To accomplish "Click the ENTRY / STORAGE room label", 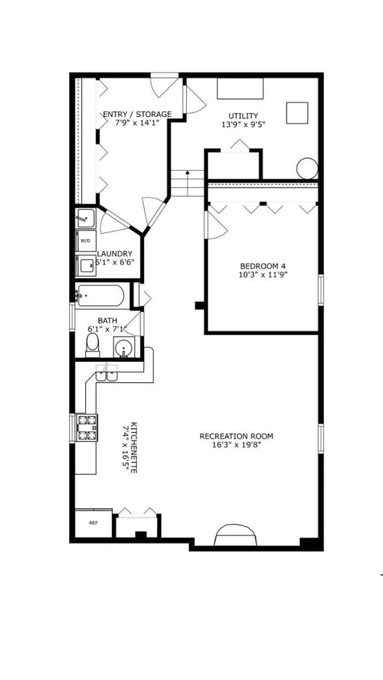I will (136, 114).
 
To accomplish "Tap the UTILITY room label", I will (243, 116).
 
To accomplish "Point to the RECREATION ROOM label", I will (236, 436).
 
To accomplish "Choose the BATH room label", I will (108, 320).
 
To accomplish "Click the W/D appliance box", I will (85, 241).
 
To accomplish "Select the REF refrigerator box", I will (93, 523).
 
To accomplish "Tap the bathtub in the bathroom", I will (100, 295).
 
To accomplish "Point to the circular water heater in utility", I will (307, 168).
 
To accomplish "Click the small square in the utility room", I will (297, 112).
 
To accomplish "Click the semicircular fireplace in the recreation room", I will (236, 535).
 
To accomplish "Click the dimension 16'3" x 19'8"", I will (236, 445).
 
